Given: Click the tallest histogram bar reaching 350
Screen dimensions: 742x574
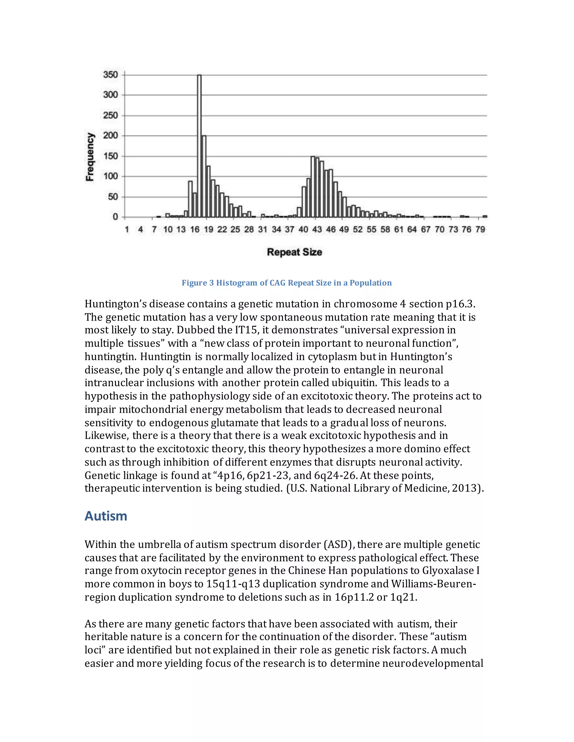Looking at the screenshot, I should point(199,146).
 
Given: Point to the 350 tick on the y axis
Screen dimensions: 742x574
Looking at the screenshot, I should point(110,75).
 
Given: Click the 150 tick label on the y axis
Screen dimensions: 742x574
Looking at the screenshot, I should point(110,156).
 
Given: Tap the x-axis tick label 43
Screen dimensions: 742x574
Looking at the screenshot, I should point(317,230).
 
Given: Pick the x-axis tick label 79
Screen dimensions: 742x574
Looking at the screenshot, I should point(480,230).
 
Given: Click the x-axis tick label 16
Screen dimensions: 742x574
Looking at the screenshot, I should point(195,230).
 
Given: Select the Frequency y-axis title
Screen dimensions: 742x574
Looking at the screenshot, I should point(90,157).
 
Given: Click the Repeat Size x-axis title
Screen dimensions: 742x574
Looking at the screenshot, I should point(295,252).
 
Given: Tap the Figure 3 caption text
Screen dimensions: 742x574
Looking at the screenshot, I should point(287,283).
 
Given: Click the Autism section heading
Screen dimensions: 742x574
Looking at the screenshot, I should point(106,516).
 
